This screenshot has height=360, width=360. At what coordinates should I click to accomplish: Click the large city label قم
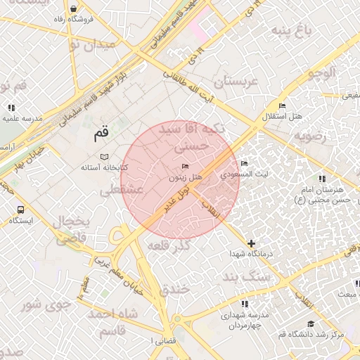102,131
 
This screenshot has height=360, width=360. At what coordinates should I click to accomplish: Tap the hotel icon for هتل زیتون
186,166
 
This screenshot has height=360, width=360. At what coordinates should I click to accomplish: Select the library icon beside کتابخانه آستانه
104,156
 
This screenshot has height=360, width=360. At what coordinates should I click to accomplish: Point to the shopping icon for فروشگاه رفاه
75,8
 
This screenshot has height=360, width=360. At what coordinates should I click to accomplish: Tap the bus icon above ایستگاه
20,210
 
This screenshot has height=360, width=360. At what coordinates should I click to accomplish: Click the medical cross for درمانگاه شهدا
252,243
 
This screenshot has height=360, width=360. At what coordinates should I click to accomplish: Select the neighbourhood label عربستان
236,82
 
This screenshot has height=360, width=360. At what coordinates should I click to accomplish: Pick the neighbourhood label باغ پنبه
292,31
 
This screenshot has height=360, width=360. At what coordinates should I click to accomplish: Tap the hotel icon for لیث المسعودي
244,162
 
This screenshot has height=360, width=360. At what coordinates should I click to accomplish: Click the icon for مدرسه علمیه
11,108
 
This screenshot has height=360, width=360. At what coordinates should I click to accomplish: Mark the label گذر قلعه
170,246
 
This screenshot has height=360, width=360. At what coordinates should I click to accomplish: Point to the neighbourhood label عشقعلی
121,190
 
